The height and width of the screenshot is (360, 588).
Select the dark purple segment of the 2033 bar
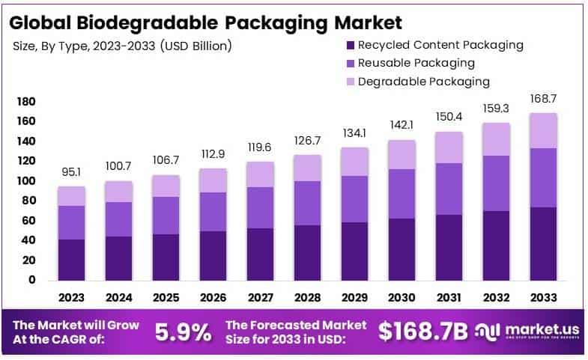(x=543, y=243)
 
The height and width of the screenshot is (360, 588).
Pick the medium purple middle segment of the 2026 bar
(x=213, y=211)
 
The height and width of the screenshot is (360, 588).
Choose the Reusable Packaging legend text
(x=416, y=63)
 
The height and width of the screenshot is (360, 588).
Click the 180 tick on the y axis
(x=27, y=102)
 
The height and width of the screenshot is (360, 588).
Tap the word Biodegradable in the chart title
(x=141, y=22)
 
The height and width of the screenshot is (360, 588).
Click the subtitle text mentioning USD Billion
(x=122, y=46)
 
